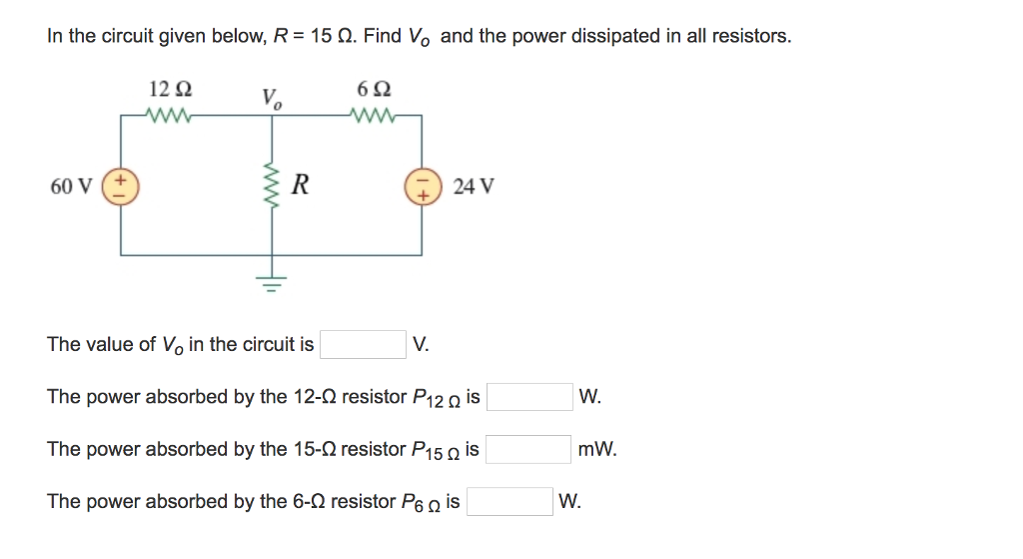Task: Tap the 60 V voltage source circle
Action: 122,186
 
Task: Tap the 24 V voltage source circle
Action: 421,186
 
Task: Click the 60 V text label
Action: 72,187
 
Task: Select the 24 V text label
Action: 473,187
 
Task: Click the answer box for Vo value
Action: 363,345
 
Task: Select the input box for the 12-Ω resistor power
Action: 529,397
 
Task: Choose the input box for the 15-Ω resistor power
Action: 528,449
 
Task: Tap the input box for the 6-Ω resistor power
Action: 510,501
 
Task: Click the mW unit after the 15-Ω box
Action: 597,450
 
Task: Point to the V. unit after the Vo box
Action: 421,345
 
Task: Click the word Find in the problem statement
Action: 382,37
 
